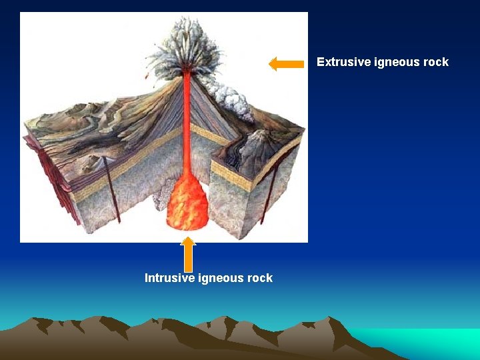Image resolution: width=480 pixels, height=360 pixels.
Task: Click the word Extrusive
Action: [341, 62]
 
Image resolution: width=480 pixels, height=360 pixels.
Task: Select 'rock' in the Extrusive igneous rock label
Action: [435, 62]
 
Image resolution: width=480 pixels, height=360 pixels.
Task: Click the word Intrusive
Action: [169, 278]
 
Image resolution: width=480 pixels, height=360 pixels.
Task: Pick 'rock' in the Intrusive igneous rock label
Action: [259, 278]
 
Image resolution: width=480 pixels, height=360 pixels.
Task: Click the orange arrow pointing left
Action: [286, 64]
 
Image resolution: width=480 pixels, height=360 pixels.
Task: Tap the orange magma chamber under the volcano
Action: [189, 203]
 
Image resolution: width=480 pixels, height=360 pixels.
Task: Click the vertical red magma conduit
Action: [187, 120]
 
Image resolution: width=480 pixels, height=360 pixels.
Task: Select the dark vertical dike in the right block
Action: [270, 193]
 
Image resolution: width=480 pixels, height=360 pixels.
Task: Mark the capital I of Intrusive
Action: [147, 278]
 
